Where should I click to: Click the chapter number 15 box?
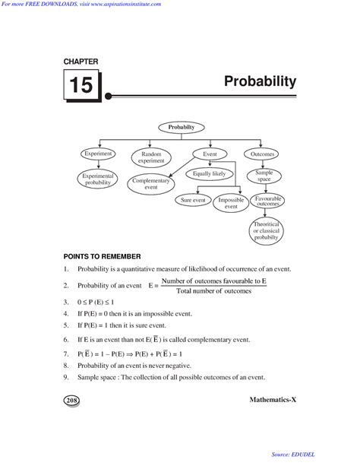80,85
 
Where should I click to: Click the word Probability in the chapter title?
261,81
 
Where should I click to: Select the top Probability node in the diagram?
182,127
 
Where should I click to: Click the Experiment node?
98,154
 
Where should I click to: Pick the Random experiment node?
151,157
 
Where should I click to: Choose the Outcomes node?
263,154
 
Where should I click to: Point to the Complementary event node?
151,183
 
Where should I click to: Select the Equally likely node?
209,173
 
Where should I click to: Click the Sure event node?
193,200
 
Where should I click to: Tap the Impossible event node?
231,203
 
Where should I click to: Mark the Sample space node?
264,176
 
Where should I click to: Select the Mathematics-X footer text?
272,399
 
